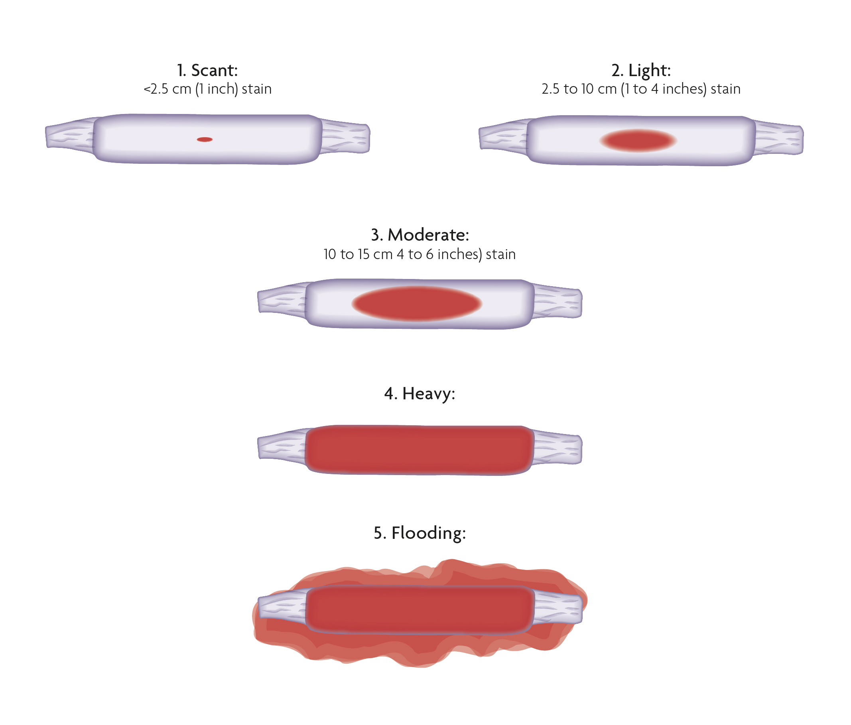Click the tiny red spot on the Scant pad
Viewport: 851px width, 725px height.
tap(205, 139)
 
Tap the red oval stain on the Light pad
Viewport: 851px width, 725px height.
tap(638, 141)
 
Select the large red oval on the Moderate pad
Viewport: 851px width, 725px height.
tap(416, 303)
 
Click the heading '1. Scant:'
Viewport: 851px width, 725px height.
tap(207, 71)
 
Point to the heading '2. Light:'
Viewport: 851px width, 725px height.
tap(641, 71)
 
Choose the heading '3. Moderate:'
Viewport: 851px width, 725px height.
tap(420, 235)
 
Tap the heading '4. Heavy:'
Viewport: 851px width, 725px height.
tap(420, 394)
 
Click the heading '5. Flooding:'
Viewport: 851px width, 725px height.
tap(420, 533)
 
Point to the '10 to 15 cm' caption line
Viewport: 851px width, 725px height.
tap(420, 255)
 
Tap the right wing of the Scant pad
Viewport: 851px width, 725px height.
tap(345, 137)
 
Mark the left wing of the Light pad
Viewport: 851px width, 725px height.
tap(504, 137)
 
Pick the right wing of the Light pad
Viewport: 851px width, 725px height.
tap(779, 138)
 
